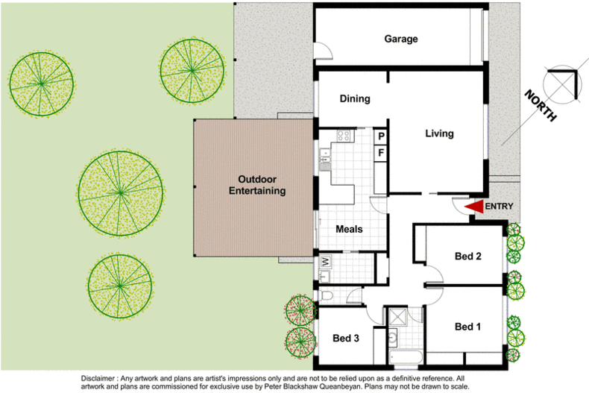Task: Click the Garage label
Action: (400, 39)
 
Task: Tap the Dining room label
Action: (355, 98)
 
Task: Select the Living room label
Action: (439, 133)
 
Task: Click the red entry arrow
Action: (473, 207)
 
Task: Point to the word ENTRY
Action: (499, 207)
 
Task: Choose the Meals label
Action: (349, 229)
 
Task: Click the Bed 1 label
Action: (467, 327)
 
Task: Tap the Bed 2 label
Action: (467, 257)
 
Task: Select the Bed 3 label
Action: (346, 338)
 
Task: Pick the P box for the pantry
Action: (380, 136)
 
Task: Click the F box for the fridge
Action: (380, 153)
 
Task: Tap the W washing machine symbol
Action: (326, 262)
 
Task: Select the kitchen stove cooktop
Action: (344, 136)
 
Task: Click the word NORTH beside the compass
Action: (539, 105)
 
